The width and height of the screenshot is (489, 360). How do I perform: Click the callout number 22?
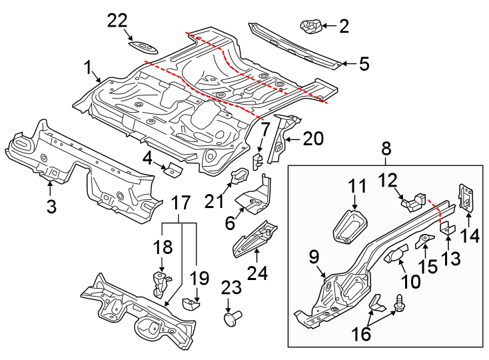[x=117, y=22]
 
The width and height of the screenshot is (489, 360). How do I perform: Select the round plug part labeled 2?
[x=311, y=27]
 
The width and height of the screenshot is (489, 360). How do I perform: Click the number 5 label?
[x=363, y=64]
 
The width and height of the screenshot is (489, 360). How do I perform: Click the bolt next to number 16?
[x=402, y=303]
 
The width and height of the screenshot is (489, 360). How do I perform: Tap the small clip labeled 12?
[x=414, y=198]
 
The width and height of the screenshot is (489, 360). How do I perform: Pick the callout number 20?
[x=312, y=139]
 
